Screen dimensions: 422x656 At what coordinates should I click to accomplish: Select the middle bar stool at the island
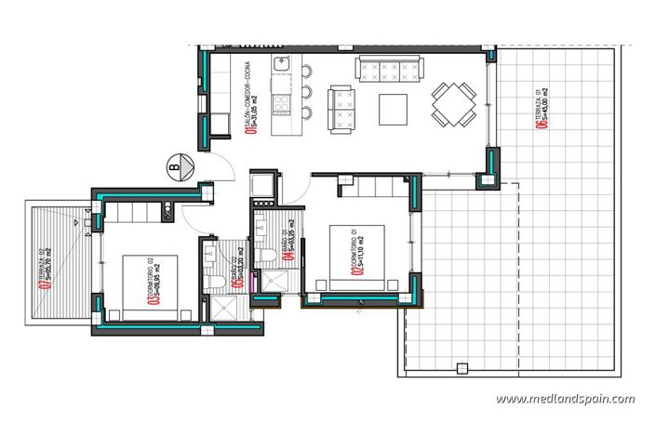click(304, 93)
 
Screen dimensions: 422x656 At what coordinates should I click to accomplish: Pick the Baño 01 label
click(288, 244)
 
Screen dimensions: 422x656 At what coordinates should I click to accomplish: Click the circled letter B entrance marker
click(175, 167)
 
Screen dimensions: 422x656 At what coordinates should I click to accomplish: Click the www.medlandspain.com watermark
click(565, 400)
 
